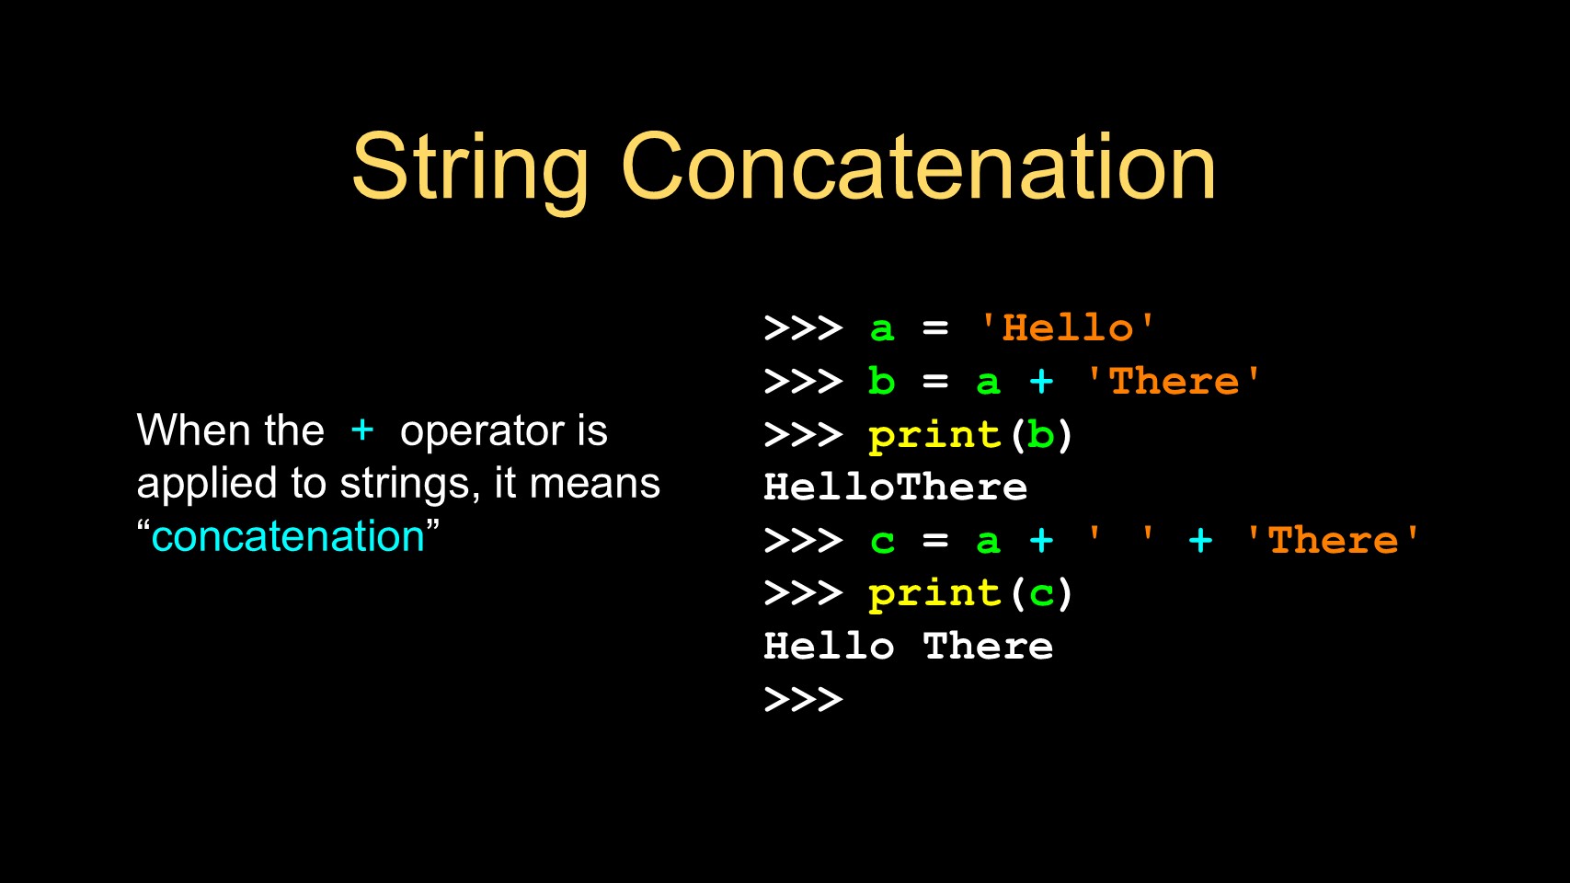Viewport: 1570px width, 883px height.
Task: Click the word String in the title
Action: [470, 170]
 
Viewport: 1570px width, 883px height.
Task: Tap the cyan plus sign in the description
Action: [361, 430]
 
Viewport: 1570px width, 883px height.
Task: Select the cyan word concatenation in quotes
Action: [288, 536]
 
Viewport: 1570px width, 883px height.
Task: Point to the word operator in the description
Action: [482, 432]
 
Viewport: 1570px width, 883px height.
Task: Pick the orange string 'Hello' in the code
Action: [1068, 328]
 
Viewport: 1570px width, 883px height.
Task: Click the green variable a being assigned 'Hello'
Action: [882, 329]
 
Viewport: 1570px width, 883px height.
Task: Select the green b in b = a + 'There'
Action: [882, 381]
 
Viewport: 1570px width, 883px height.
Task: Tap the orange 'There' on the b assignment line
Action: [1174, 381]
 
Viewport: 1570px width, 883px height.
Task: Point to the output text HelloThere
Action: [895, 487]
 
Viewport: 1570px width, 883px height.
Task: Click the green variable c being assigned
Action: [882, 542]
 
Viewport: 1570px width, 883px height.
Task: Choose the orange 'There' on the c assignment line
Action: [1333, 540]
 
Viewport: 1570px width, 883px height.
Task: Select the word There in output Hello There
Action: [988, 646]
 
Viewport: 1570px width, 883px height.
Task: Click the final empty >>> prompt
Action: [803, 699]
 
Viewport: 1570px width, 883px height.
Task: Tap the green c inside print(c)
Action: [1041, 595]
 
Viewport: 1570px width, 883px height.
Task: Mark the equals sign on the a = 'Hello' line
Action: [935, 328]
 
